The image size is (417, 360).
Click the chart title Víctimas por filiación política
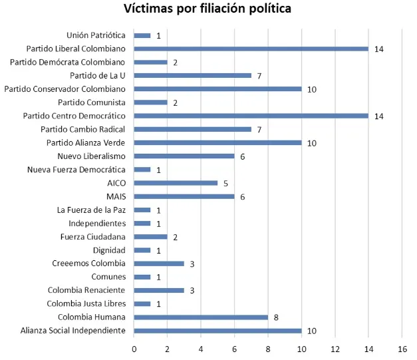(x=208, y=9)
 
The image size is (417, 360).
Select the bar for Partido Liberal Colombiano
(x=251, y=49)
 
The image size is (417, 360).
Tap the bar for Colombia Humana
(x=201, y=317)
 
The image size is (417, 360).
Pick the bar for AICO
(x=176, y=183)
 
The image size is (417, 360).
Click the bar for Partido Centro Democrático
(x=251, y=116)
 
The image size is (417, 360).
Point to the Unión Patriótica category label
(x=96, y=35)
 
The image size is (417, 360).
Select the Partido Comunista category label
(x=92, y=102)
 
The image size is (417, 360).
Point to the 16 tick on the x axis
(x=402, y=349)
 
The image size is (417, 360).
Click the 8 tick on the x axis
(x=268, y=349)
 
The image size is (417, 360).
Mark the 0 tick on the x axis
(x=134, y=349)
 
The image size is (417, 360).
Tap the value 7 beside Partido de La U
(x=259, y=76)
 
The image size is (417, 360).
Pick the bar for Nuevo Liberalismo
(x=184, y=156)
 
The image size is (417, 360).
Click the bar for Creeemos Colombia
(x=159, y=264)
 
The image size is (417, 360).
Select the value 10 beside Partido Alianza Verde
(x=311, y=143)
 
